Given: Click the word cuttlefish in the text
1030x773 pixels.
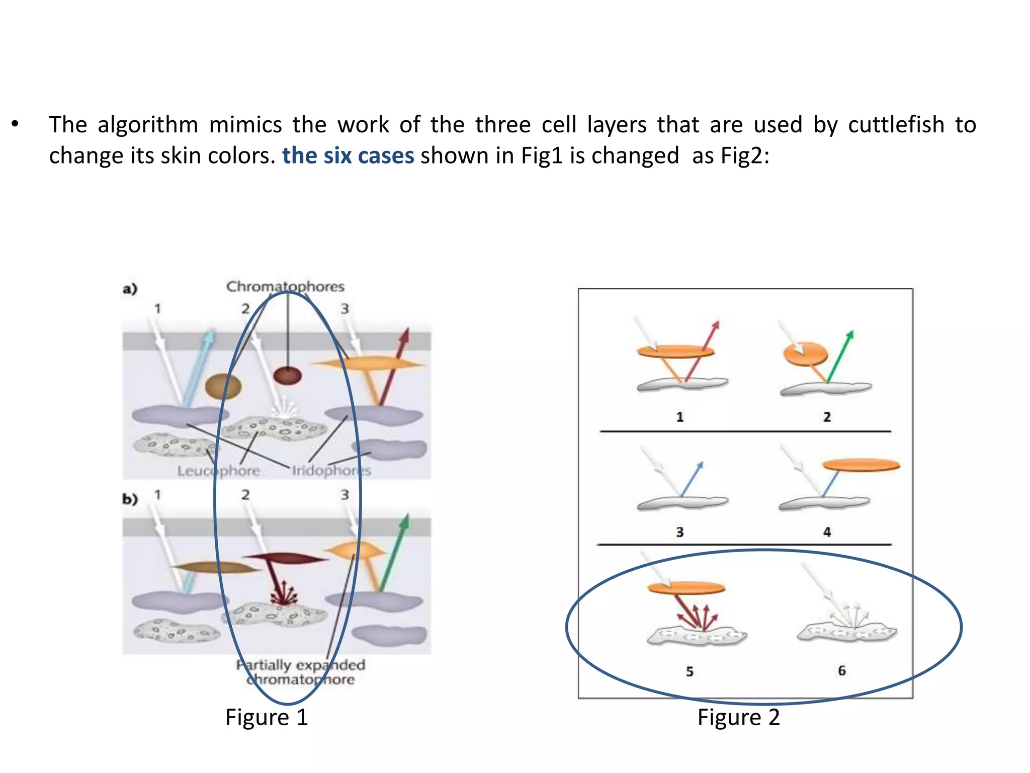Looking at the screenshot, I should (x=896, y=125).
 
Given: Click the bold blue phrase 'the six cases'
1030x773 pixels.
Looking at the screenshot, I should (x=348, y=156).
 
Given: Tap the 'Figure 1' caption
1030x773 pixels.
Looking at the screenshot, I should (x=266, y=717).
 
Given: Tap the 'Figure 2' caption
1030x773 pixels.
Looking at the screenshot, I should (x=738, y=717).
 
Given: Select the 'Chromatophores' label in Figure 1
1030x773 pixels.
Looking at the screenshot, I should (x=285, y=286).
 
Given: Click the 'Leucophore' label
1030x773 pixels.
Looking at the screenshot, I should (x=218, y=471).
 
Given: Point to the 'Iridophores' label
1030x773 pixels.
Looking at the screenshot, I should (x=331, y=471).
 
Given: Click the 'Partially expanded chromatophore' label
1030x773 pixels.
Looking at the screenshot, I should (x=301, y=672).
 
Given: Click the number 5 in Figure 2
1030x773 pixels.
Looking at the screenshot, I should (x=690, y=671).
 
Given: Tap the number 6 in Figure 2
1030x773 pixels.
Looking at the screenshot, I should (x=842, y=670).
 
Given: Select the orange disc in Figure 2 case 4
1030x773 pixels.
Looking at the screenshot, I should (x=861, y=465).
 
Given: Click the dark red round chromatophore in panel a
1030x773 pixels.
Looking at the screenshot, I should (x=287, y=375).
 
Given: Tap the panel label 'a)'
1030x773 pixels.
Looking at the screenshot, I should (x=130, y=289).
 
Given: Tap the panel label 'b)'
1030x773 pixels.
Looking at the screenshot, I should (x=130, y=499).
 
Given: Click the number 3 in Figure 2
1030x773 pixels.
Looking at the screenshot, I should (x=680, y=532).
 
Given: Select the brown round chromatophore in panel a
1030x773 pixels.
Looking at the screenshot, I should (x=223, y=386).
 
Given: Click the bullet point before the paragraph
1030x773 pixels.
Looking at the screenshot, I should (x=15, y=124).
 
